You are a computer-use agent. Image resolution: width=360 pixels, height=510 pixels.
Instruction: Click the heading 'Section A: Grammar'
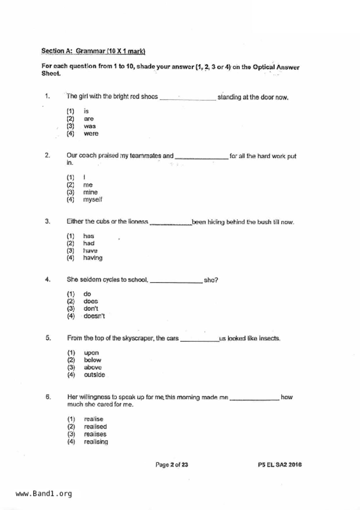pyautogui.click(x=93, y=51)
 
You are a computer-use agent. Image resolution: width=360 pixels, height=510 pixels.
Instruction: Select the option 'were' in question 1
pyautogui.click(x=91, y=134)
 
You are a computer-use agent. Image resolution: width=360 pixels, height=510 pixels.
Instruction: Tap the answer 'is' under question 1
pyautogui.click(x=86, y=111)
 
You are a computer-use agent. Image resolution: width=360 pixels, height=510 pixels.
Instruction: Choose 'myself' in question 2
pyautogui.click(x=92, y=200)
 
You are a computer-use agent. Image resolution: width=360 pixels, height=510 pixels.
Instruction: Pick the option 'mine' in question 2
pyautogui.click(x=90, y=192)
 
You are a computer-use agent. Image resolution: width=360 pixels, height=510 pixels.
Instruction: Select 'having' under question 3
pyautogui.click(x=93, y=258)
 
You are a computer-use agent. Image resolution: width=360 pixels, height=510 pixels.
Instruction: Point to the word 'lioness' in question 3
pyautogui.click(x=138, y=222)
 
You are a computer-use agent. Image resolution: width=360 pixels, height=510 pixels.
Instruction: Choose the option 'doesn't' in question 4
pyautogui.click(x=94, y=316)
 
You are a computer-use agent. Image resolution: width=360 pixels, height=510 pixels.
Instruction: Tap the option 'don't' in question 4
pyautogui.click(x=91, y=309)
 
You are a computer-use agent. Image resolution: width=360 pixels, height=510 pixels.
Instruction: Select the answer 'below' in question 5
pyautogui.click(x=92, y=360)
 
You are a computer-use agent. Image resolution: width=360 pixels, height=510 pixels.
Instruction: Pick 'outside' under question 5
pyautogui.click(x=94, y=375)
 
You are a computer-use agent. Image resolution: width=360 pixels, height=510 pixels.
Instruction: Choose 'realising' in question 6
pyautogui.click(x=96, y=442)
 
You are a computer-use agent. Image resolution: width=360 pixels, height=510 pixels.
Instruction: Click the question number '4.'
pyautogui.click(x=48, y=280)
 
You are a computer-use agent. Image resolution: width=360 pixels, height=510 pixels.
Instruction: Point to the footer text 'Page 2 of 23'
pyautogui.click(x=172, y=465)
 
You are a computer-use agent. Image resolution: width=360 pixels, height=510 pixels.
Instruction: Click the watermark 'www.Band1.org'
pyautogui.click(x=44, y=494)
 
